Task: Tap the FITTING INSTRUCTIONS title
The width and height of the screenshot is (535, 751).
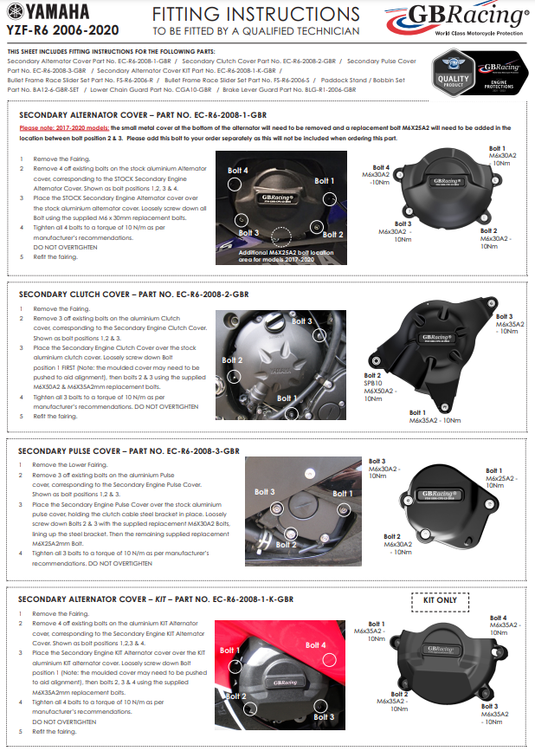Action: (x=255, y=15)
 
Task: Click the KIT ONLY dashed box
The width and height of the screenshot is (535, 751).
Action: (x=439, y=599)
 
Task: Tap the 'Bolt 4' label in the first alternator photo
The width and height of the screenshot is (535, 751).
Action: (x=238, y=172)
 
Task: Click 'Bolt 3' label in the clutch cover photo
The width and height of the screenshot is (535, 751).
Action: (x=301, y=321)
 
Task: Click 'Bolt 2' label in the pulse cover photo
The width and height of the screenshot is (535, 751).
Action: (x=287, y=545)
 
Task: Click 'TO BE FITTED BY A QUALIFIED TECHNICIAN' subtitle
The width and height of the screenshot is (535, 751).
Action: (x=255, y=31)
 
